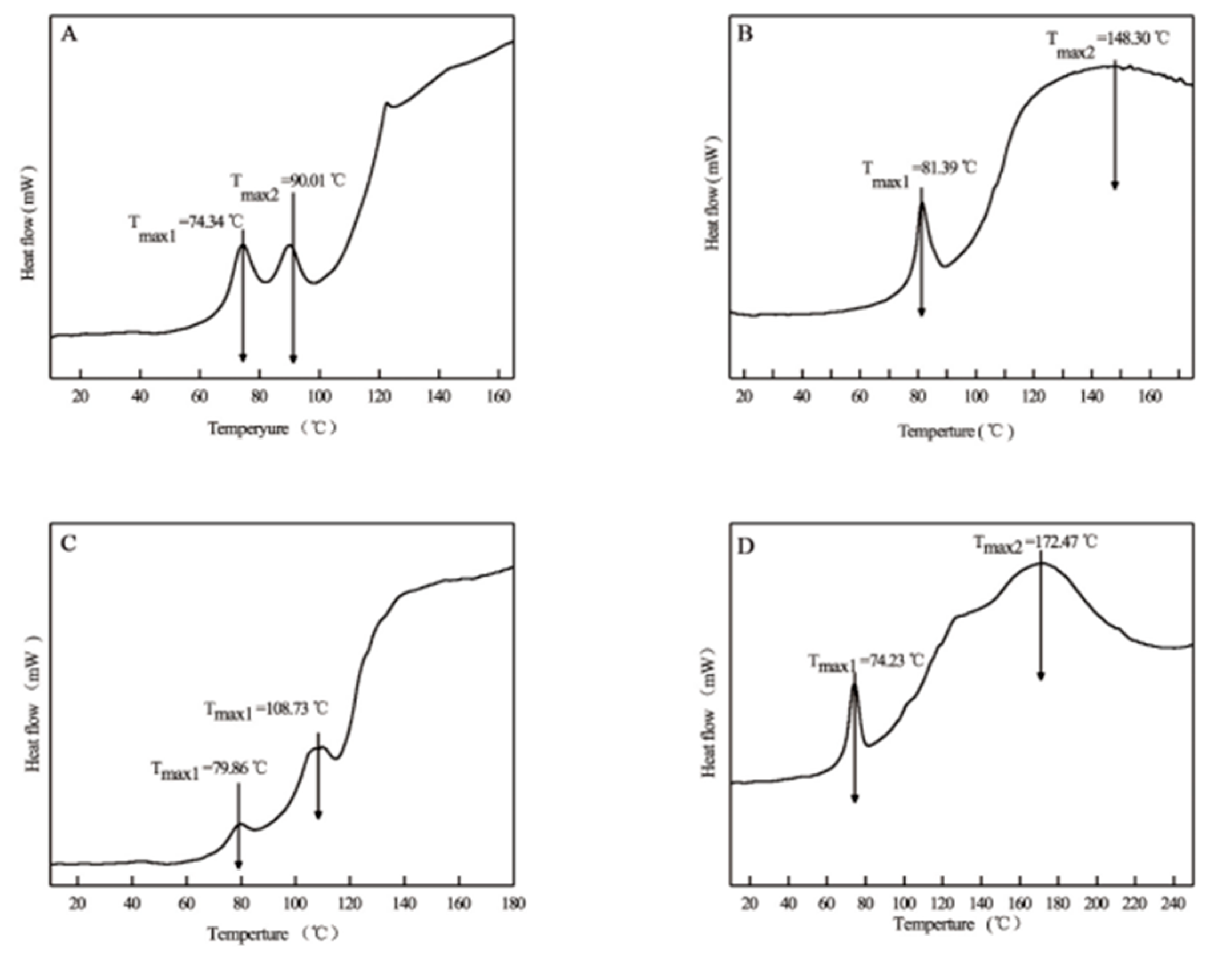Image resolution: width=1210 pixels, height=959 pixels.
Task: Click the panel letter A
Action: tap(69, 35)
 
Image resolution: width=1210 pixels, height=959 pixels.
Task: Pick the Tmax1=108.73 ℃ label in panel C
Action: tap(266, 711)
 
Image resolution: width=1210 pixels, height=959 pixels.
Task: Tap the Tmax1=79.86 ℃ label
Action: tap(209, 770)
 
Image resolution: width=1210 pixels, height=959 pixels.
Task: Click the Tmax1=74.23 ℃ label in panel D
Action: tap(865, 663)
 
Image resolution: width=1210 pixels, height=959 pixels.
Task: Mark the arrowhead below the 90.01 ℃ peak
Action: tap(293, 358)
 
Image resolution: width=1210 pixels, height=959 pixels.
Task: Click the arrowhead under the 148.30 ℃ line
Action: tap(1114, 185)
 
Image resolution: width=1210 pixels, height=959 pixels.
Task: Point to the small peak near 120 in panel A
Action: tap(386, 103)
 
